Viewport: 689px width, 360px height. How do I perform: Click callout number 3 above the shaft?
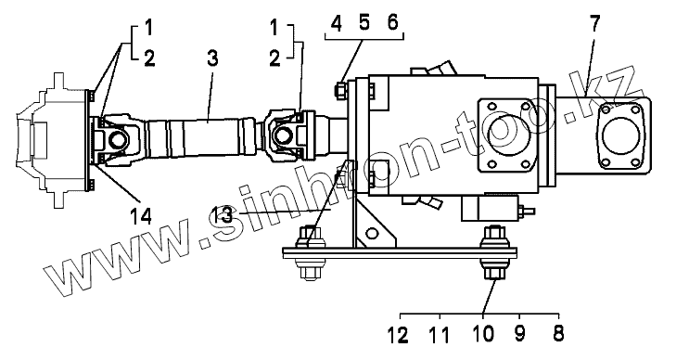click(x=212, y=58)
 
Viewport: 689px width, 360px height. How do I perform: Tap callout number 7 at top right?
click(x=594, y=23)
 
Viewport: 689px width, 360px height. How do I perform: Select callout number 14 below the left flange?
click(x=141, y=216)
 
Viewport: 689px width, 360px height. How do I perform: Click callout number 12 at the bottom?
click(x=398, y=335)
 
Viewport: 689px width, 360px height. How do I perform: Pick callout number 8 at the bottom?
click(x=558, y=334)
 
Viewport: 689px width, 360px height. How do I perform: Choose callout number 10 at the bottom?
click(x=483, y=334)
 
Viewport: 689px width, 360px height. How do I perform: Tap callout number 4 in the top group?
click(x=336, y=23)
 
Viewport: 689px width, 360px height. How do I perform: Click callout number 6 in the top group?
click(x=392, y=22)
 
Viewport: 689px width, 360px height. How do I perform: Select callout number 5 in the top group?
click(x=364, y=22)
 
